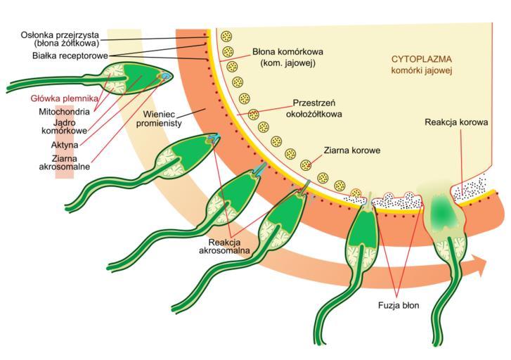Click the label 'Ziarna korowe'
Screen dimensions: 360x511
[x=352, y=150]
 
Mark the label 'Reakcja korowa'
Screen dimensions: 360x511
[x=456, y=122]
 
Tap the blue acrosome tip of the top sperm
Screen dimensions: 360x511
[x=166, y=75]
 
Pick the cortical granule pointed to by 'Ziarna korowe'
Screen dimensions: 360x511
[x=306, y=165]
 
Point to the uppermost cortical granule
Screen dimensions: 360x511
[x=226, y=37]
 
